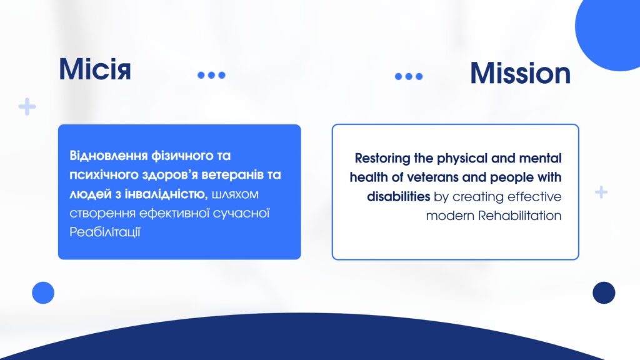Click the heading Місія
(95, 69)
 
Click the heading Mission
(520, 74)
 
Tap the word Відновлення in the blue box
(109, 156)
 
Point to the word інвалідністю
(166, 194)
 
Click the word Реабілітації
(105, 232)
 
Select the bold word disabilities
(398, 196)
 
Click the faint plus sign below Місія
(27, 106)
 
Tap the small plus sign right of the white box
(601, 192)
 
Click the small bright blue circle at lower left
(43, 292)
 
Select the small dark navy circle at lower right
(604, 292)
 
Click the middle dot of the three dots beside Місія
(211, 75)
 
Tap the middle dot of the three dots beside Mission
(409, 76)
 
